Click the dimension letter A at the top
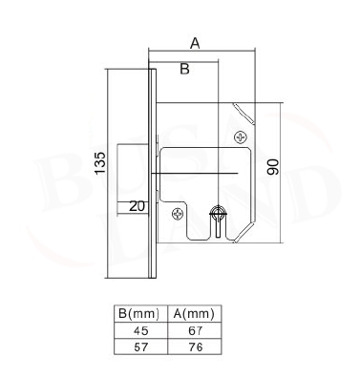[195, 43]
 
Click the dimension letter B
[184, 69]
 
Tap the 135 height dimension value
[100, 163]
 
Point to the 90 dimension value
[273, 167]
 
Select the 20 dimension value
[137, 206]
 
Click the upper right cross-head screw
[240, 137]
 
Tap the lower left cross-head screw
[178, 214]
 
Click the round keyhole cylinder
[218, 213]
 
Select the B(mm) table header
[138, 314]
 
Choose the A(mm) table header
[194, 314]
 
